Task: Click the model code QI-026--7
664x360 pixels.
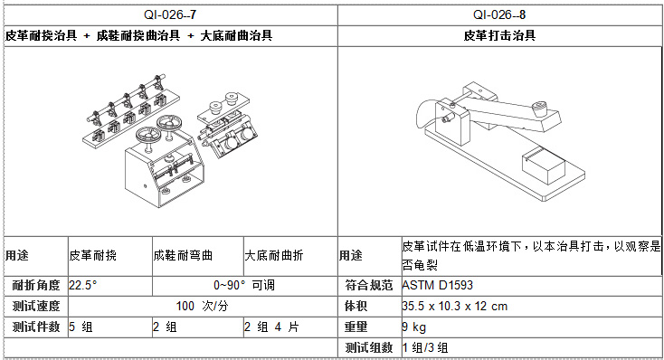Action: [x=170, y=14]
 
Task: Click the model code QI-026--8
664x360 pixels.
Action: [x=499, y=14]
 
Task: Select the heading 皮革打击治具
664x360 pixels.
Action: [x=499, y=35]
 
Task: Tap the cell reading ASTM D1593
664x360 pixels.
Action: [x=438, y=285]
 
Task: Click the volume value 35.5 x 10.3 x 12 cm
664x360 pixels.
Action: [x=455, y=306]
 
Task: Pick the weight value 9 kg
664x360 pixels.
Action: [x=414, y=327]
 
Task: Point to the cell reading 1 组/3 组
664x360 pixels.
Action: [x=425, y=347]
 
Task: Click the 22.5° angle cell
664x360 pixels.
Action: [x=83, y=285]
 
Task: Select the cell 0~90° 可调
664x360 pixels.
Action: [x=244, y=285]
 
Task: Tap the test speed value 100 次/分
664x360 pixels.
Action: [x=202, y=306]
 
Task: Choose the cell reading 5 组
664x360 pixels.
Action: [x=81, y=327]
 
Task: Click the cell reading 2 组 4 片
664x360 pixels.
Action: [x=271, y=327]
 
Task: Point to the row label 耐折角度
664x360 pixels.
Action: [x=36, y=285]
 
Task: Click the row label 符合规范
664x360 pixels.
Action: [x=369, y=285]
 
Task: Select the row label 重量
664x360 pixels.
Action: [x=356, y=327]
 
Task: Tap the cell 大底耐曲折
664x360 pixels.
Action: [x=274, y=255]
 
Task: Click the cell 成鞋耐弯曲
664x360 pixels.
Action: [x=183, y=255]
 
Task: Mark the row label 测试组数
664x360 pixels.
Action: [x=369, y=347]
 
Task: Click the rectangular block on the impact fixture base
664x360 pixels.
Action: [x=544, y=166]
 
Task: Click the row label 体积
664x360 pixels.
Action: [x=356, y=306]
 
